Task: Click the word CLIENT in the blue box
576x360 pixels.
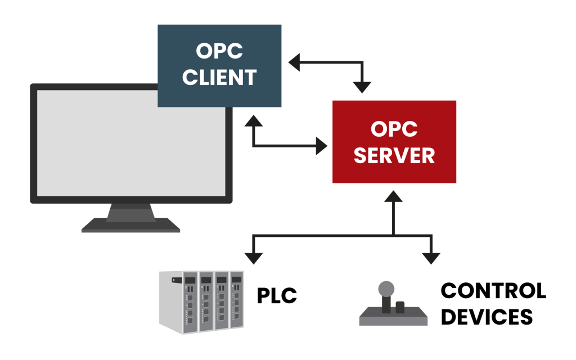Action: tap(219, 77)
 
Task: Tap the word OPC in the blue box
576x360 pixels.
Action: tap(219, 51)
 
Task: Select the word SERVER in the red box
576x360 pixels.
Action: tap(394, 155)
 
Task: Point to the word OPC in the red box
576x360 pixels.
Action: tap(394, 129)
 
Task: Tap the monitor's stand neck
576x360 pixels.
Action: tap(131, 213)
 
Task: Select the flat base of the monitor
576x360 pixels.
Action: tap(130, 227)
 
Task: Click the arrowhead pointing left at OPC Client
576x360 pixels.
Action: tap(294, 62)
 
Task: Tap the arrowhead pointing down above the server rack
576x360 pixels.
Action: tap(254, 257)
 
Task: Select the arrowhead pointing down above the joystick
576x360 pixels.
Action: tap(431, 257)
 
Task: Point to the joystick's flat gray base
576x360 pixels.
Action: tap(393, 319)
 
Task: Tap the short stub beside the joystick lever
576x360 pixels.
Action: tap(400, 307)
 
